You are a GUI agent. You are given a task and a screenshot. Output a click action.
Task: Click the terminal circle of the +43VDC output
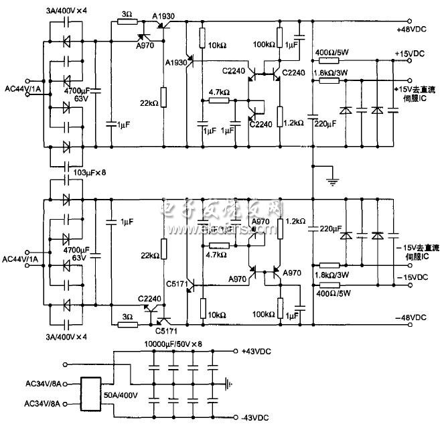tap(236, 350)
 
